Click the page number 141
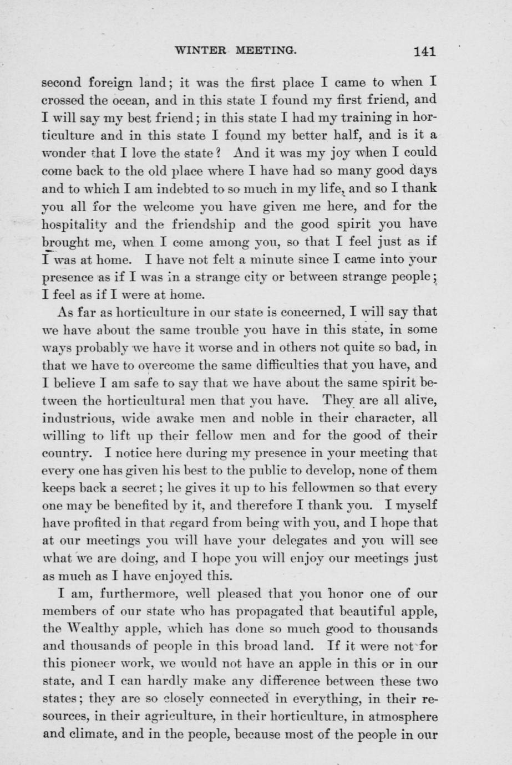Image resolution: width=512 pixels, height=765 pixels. [x=424, y=52]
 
